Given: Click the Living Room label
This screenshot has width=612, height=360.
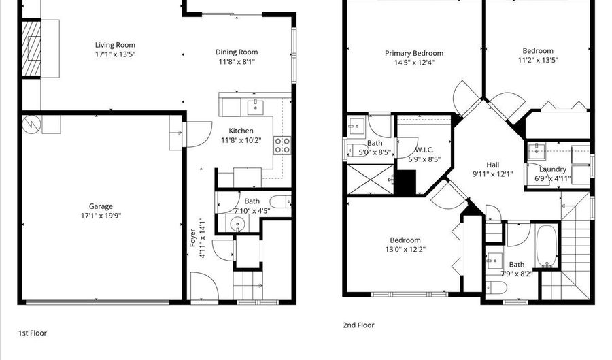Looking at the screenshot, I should pos(115,46).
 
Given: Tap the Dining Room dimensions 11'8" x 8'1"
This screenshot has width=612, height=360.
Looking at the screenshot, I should pos(237,62).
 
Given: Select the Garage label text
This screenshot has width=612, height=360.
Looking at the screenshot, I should pos(101,206).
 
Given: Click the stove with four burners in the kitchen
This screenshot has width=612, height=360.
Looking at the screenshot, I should pos(282,145).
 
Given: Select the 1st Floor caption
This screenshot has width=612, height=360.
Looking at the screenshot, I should pos(32,333).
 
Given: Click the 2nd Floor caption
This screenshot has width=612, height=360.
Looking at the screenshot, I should pos(358,325).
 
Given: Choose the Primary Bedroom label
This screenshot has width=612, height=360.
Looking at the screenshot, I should pos(413,53).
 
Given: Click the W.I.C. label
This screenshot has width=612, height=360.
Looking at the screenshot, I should pos(424,150).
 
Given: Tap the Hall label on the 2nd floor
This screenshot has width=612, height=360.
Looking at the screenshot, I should pos(493,165).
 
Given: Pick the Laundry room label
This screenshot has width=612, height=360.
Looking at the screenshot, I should pos(552,169).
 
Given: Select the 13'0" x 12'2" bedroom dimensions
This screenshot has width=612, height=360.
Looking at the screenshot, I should pos(405,250).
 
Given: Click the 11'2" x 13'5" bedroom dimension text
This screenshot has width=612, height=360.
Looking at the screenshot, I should pos(537,60).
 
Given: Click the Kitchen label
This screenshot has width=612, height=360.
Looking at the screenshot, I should pos(241,131).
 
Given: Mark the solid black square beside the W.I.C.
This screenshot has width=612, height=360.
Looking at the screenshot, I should pos(406,182).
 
